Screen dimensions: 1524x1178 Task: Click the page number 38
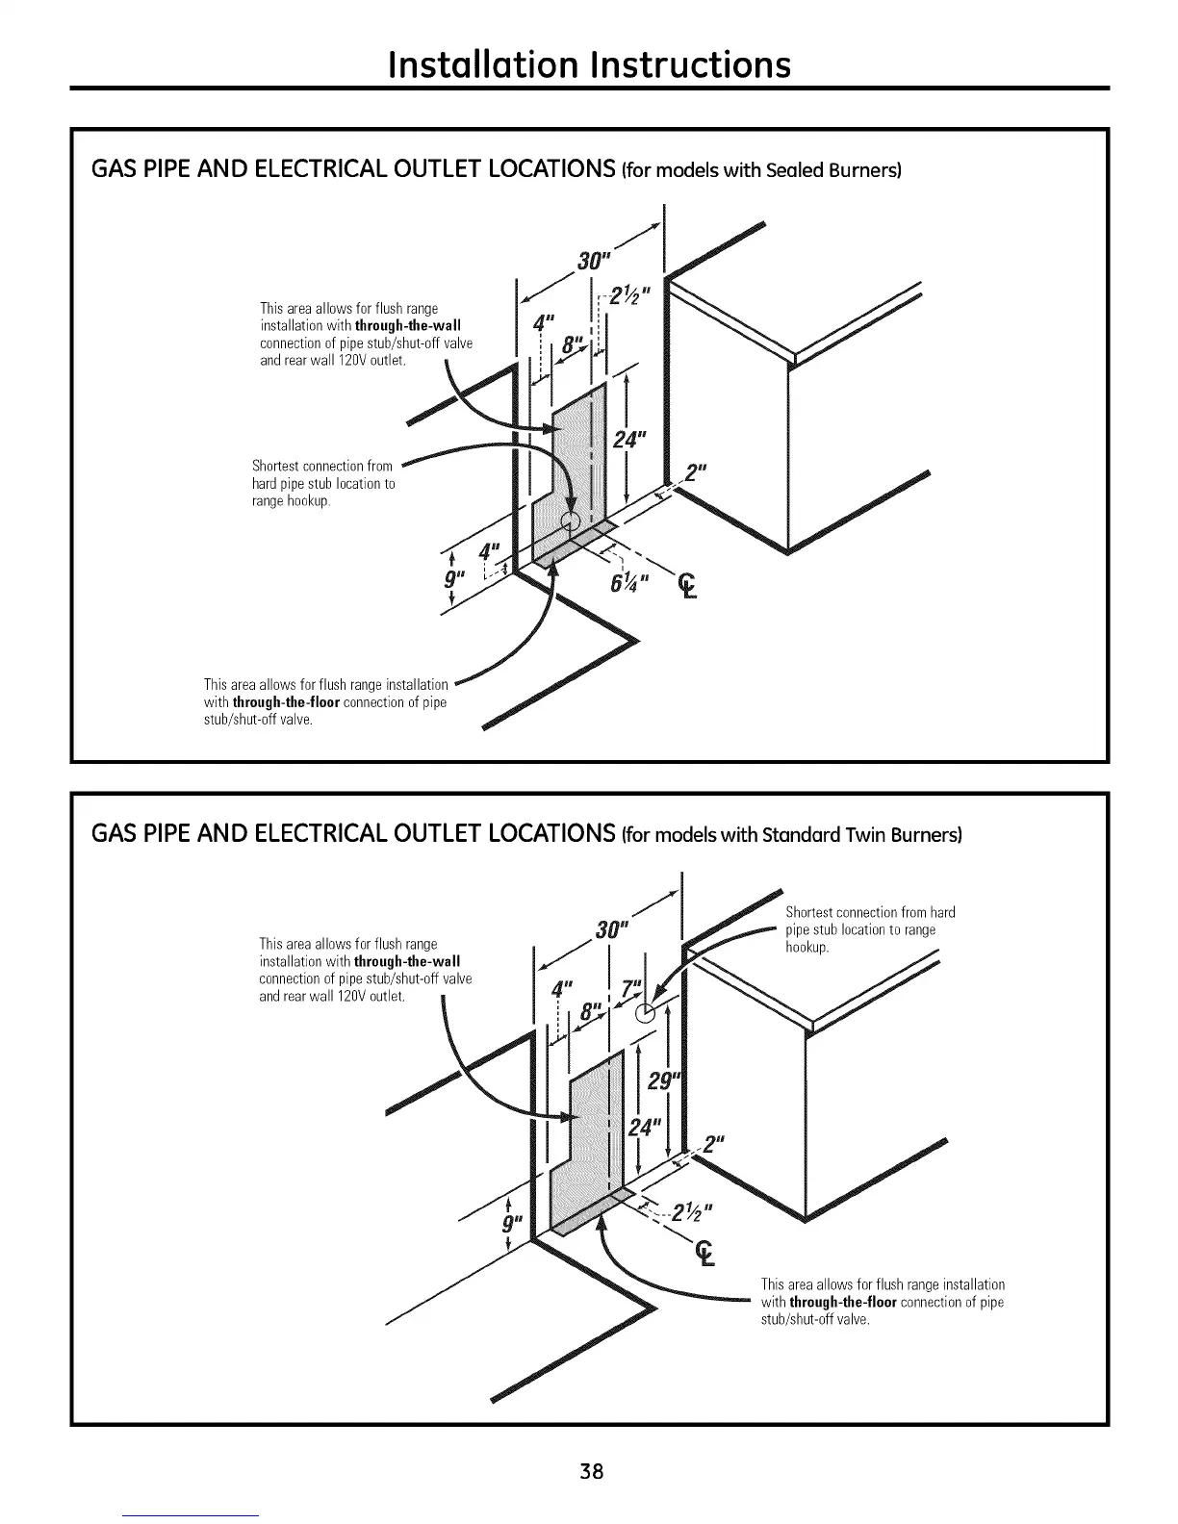(591, 1471)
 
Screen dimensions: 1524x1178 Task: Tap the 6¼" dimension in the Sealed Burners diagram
(630, 582)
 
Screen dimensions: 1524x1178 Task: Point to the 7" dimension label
(631, 989)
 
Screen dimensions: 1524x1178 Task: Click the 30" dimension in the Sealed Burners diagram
(596, 262)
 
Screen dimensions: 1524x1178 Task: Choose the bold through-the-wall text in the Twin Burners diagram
(407, 961)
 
